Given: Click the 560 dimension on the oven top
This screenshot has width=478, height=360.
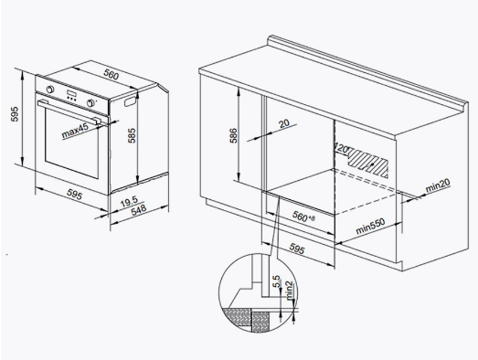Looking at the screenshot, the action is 111,75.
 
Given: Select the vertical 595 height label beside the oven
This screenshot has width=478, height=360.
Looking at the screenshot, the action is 15,114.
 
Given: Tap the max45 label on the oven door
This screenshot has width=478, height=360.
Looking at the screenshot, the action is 75,130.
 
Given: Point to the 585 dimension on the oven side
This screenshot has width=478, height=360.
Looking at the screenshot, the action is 132,135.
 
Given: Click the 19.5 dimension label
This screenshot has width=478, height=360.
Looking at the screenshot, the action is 129,202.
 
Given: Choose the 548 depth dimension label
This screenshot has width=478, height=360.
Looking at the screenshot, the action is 139,210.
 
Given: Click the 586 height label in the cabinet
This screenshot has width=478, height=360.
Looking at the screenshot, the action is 233,135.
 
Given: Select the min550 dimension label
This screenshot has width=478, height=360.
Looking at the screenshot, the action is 370,227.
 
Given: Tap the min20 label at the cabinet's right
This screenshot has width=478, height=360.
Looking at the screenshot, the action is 438,185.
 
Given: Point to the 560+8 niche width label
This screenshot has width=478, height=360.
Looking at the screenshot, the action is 303,217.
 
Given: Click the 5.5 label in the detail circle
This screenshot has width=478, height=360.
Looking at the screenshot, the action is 276,281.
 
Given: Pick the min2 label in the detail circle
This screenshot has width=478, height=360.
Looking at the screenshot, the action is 289,290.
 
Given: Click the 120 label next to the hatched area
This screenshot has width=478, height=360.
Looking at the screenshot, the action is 342,148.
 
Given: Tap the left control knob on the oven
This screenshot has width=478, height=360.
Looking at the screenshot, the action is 50,90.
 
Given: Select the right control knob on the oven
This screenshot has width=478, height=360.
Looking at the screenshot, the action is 90,103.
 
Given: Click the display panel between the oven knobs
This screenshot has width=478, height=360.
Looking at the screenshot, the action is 71,94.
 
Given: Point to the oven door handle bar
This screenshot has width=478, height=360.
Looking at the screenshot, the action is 69,111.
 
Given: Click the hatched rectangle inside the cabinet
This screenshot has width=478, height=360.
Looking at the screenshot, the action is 368,163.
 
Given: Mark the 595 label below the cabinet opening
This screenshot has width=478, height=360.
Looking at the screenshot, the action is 296,249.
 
